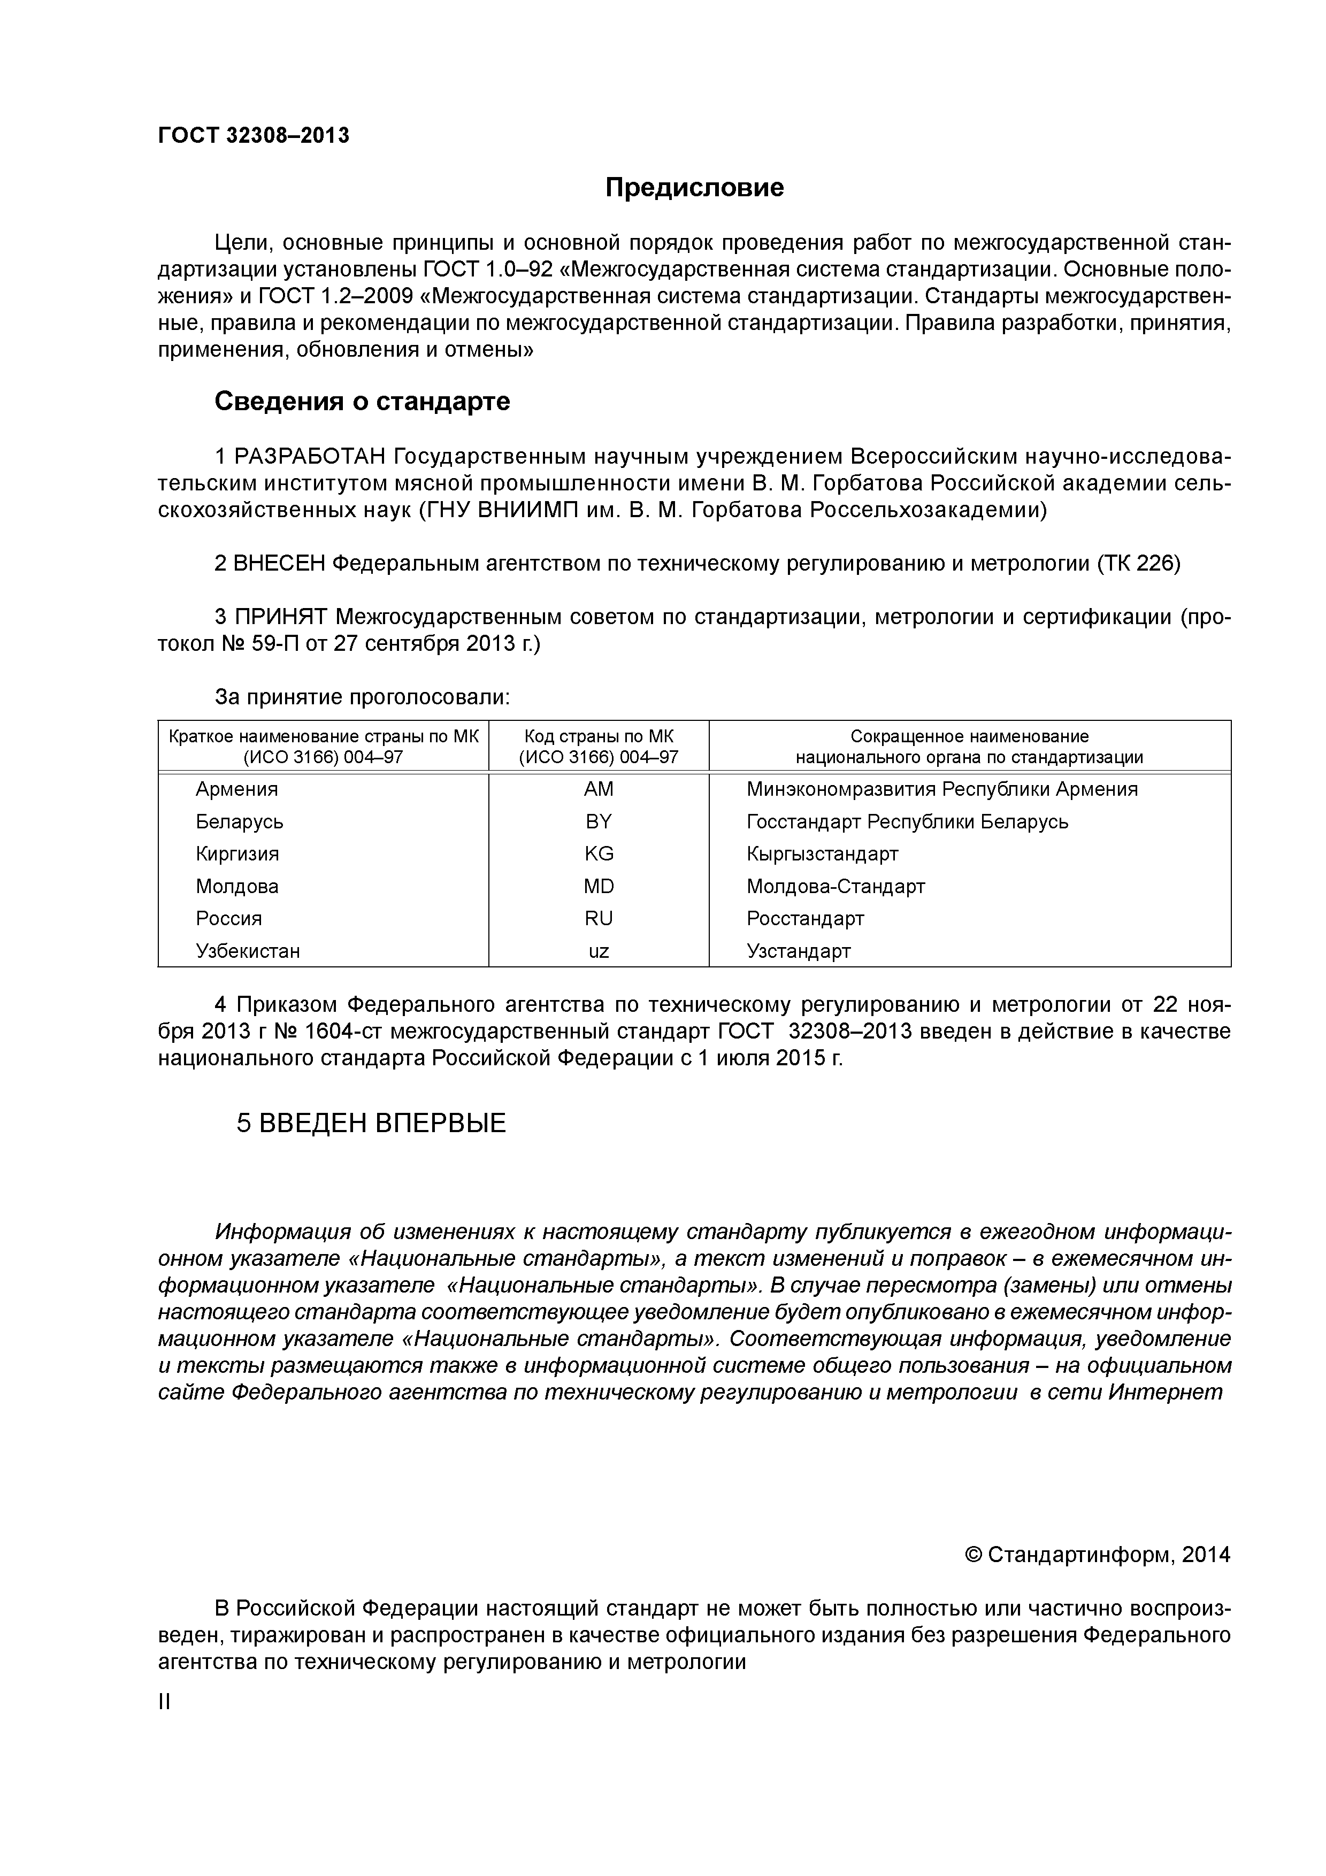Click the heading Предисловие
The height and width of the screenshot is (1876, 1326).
694,188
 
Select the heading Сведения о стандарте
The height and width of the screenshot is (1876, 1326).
362,401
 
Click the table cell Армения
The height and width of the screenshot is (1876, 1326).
237,789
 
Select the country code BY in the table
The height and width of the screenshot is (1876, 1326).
598,821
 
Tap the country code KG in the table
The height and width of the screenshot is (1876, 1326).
598,854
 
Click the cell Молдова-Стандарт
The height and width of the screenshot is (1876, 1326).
835,887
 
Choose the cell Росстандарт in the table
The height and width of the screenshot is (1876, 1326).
805,918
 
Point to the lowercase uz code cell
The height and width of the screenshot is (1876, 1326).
598,951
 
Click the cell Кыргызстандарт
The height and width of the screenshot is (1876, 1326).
822,854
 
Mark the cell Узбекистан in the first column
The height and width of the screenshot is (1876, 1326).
248,951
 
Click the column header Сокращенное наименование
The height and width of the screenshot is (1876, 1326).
969,737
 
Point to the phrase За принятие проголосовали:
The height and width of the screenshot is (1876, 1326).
362,697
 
